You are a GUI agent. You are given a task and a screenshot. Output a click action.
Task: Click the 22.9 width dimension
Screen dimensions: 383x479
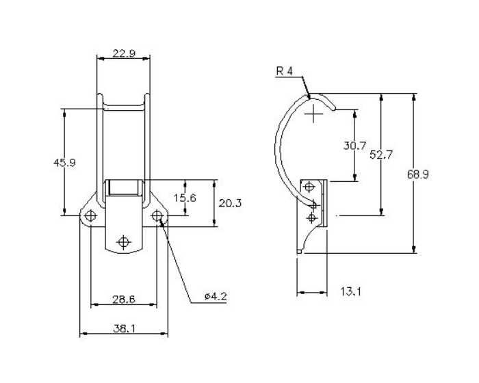123,53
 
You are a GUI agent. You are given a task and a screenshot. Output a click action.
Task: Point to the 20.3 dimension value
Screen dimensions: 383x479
228,203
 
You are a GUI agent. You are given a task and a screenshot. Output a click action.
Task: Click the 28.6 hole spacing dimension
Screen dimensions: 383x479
123,300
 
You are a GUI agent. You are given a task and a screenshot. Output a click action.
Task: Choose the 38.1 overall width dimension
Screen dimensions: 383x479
123,328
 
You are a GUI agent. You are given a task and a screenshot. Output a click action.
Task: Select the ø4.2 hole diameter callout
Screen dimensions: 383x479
215,296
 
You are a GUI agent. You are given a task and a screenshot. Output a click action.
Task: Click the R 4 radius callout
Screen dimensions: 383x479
285,72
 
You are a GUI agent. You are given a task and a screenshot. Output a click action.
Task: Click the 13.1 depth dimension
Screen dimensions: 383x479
350,292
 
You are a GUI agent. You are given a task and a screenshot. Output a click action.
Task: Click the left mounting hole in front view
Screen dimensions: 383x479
90,216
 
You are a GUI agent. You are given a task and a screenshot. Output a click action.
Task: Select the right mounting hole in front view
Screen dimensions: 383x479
157,216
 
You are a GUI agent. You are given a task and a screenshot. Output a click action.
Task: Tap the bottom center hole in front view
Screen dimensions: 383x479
124,241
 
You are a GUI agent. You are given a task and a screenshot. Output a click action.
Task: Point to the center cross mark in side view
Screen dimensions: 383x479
314,114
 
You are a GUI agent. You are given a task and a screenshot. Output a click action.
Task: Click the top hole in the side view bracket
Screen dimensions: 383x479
310,186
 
